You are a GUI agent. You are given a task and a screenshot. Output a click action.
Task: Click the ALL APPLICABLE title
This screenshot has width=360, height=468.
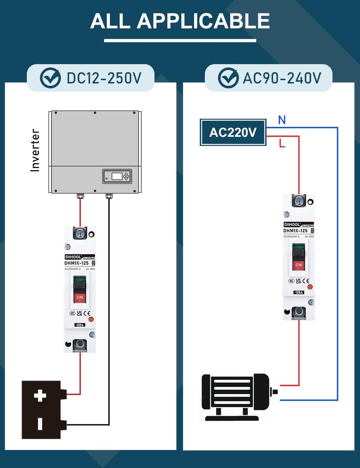[180, 21]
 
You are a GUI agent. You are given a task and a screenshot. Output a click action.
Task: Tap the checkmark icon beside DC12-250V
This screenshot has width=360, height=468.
[50, 78]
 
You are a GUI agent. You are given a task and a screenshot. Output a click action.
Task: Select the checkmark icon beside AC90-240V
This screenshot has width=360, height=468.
[228, 78]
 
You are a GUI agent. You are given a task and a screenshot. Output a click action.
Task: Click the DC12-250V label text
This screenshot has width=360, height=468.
[104, 78]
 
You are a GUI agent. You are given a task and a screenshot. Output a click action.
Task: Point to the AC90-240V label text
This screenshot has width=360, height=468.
[282, 78]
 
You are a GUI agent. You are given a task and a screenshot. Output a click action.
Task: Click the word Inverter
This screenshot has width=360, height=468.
[35, 150]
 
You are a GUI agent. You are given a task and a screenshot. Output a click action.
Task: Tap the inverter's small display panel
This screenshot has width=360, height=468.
[117, 176]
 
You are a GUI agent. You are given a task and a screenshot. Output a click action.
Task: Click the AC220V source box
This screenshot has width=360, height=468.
[233, 133]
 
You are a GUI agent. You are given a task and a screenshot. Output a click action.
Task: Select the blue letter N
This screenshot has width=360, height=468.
[282, 120]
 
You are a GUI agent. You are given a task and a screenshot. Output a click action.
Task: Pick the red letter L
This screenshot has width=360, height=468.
[282, 144]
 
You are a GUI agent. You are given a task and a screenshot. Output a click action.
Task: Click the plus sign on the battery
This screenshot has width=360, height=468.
[40, 396]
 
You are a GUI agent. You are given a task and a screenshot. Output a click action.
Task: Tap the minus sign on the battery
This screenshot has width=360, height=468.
[40, 423]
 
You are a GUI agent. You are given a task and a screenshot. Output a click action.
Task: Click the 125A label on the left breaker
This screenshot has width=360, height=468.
[80, 324]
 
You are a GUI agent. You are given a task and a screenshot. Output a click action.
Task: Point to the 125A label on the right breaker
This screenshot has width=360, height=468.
[298, 292]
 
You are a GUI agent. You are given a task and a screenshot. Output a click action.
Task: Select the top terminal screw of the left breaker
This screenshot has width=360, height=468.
[80, 233]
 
